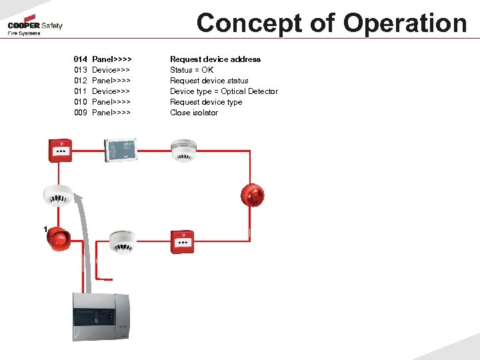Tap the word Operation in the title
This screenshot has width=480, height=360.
tap(405, 23)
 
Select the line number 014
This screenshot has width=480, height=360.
tap(81, 59)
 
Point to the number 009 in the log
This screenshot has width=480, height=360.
tap(81, 113)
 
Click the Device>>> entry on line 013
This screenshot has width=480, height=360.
tap(111, 70)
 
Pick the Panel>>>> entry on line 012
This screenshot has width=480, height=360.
tap(111, 81)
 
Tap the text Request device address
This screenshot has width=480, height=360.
tap(215, 59)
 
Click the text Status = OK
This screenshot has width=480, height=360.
tap(192, 70)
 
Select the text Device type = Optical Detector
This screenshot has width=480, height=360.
tap(224, 91)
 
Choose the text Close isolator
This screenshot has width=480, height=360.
tap(194, 113)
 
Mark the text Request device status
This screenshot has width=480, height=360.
tap(209, 81)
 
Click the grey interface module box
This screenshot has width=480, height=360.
tap(121, 149)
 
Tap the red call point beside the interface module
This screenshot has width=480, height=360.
tap(61, 151)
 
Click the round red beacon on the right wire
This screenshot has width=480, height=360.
tap(253, 194)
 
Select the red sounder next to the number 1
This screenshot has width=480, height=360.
tap(59, 239)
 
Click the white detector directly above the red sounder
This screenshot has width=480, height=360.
tap(58, 194)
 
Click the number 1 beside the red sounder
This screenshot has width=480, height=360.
tap(45, 229)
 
